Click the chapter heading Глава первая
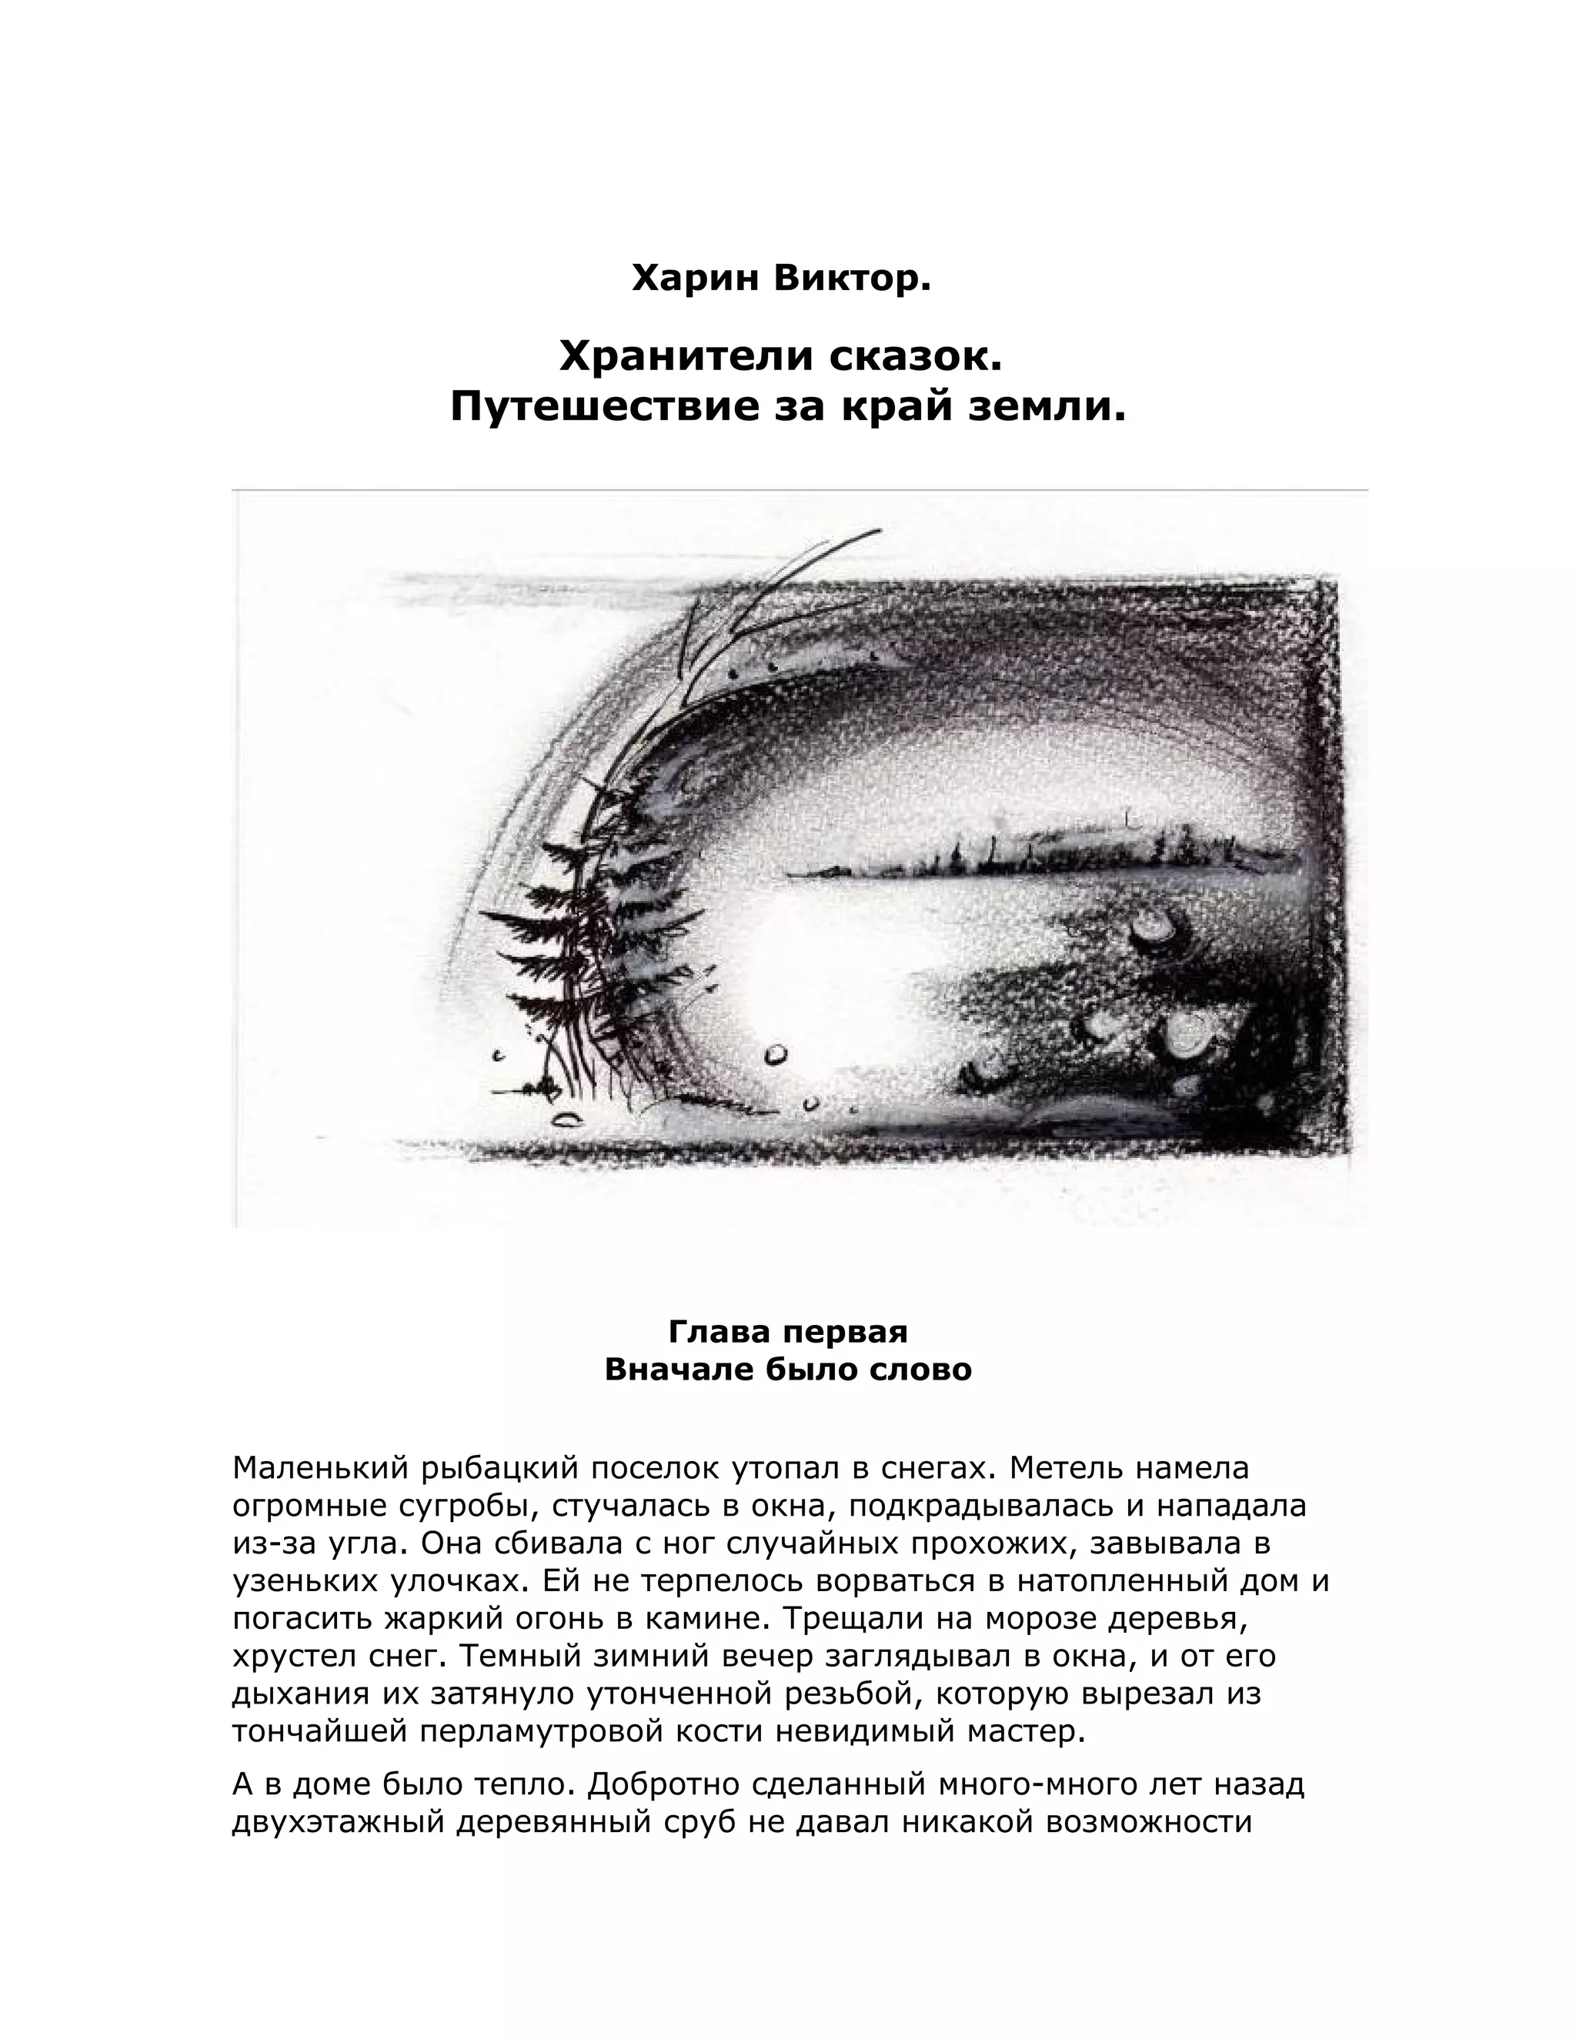point(788,1331)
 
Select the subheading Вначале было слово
point(788,1370)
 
